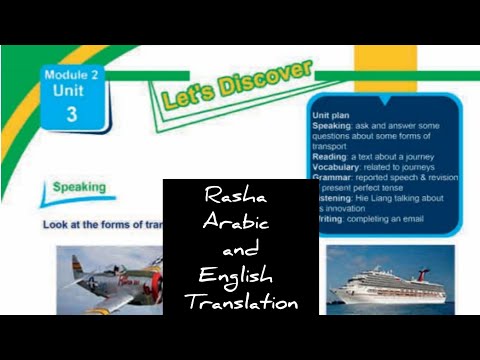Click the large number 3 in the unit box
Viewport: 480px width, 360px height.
(72, 112)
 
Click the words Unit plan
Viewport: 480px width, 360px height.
(329, 114)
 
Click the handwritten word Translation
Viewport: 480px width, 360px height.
(241, 300)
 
